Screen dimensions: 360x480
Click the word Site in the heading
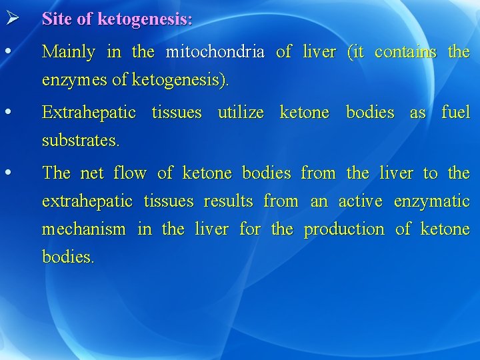pyautogui.click(x=57, y=19)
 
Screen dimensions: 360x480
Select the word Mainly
pyautogui.click(x=68, y=52)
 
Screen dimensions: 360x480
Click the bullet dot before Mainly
pyautogui.click(x=7, y=51)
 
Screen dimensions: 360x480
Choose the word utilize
pyautogui.click(x=240, y=113)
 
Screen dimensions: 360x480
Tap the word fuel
pyautogui.click(x=455, y=113)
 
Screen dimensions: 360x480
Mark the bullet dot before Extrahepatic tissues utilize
pyautogui.click(x=7, y=112)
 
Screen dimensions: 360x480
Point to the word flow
pyautogui.click(x=130, y=173)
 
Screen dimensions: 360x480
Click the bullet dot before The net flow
pyautogui.click(x=7, y=173)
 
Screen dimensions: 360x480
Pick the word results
pyautogui.click(x=228, y=201)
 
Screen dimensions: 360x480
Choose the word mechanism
pyautogui.click(x=83, y=230)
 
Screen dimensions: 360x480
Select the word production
pyautogui.click(x=344, y=230)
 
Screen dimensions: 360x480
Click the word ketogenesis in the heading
pyautogui.click(x=145, y=19)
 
